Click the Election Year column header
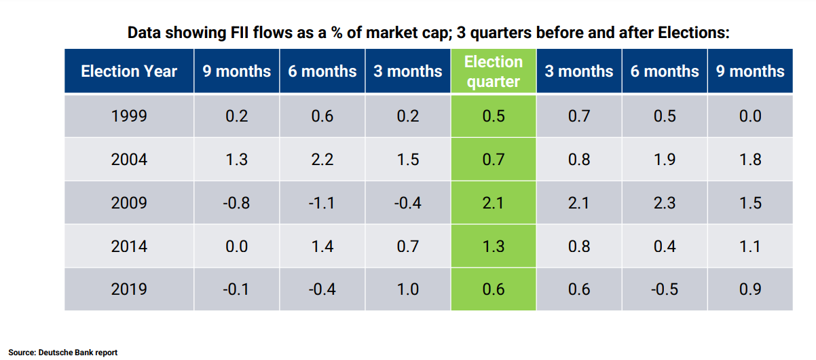tap(129, 71)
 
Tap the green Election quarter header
tap(494, 71)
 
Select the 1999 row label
tap(129, 116)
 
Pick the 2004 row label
tap(129, 160)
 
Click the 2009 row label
tap(129, 203)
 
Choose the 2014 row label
tap(129, 247)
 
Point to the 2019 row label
tap(129, 289)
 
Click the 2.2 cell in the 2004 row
tap(322, 160)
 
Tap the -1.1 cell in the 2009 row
tap(322, 203)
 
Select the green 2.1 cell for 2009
tap(494, 203)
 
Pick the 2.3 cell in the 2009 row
tap(665, 203)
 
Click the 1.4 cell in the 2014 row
tap(322, 247)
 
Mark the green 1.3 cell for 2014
tap(494, 247)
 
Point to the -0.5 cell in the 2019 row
tap(665, 289)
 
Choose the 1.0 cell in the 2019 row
tap(407, 289)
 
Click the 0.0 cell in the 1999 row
tap(750, 116)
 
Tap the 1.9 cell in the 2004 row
tap(665, 160)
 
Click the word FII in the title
tap(240, 33)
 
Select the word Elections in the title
tap(693, 33)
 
